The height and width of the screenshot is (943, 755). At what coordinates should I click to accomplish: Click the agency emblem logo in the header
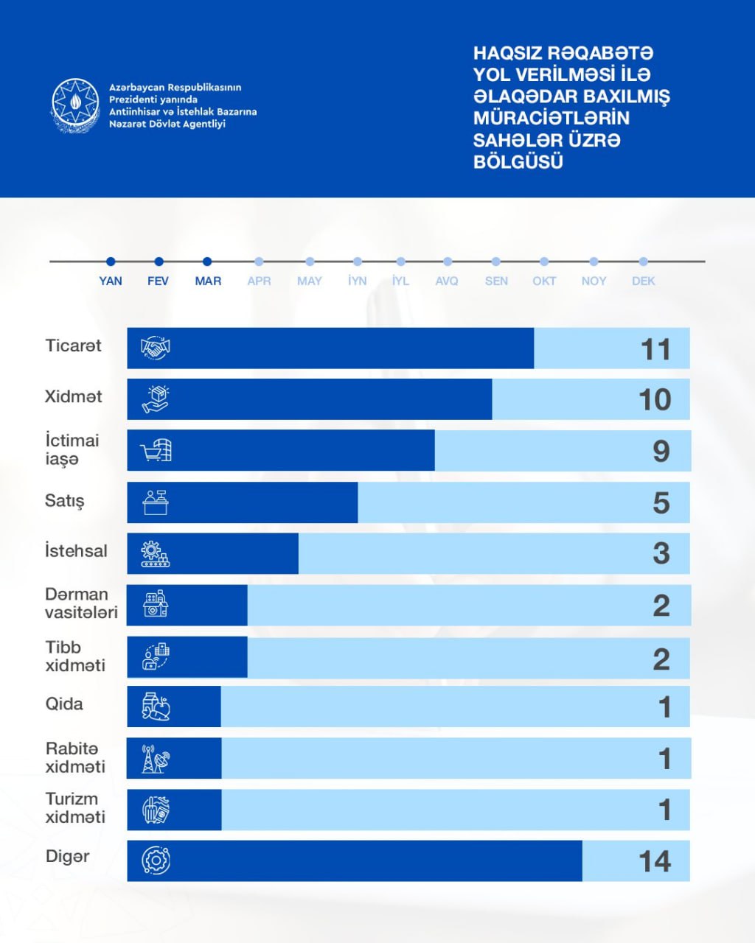click(x=74, y=105)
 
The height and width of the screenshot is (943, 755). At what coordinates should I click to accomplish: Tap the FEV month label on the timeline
click(x=158, y=281)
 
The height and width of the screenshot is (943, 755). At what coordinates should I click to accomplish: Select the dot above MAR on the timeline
click(x=207, y=262)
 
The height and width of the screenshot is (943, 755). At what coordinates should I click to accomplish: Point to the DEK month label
click(x=643, y=281)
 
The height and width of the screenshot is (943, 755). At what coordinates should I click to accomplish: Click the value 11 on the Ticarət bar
click(x=655, y=349)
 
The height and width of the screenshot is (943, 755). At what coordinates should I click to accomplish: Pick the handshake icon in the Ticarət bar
click(x=156, y=348)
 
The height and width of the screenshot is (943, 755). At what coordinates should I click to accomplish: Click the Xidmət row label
click(x=73, y=396)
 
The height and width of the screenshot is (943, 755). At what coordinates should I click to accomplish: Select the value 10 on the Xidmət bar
click(x=655, y=399)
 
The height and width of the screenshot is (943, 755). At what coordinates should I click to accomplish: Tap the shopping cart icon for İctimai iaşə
click(x=156, y=450)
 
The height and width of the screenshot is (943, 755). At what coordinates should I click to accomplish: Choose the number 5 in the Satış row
click(x=661, y=503)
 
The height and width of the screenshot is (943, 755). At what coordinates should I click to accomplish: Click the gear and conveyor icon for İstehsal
click(x=156, y=553)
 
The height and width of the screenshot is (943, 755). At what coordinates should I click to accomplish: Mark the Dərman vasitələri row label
click(x=81, y=603)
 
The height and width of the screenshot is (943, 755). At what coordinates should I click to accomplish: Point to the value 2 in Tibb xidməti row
click(x=661, y=659)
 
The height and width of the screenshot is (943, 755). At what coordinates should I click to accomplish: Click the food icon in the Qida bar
click(x=156, y=707)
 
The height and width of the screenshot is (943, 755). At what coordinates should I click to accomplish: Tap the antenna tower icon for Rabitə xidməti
click(x=156, y=758)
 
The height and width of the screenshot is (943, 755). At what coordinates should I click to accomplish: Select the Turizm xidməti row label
click(x=75, y=808)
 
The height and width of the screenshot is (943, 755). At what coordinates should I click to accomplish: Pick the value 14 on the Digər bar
click(x=655, y=861)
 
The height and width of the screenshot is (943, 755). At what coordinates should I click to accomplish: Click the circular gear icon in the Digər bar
click(x=156, y=860)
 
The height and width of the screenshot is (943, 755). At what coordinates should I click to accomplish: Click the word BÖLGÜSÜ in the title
click(x=518, y=161)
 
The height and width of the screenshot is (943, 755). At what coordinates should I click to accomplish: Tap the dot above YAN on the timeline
click(x=111, y=262)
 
